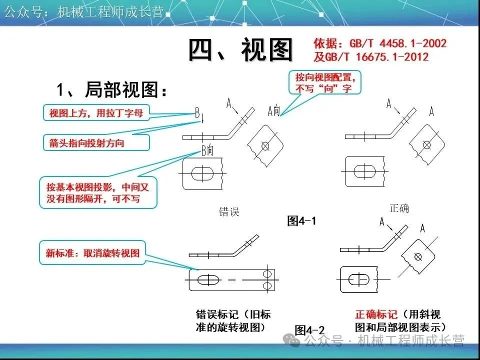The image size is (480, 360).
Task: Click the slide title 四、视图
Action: pos(240,50)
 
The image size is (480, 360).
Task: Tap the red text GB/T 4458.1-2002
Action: pos(379,44)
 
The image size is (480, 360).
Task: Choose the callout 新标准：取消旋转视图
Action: pos(92,253)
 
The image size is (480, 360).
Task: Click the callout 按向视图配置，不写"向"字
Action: pos(325,82)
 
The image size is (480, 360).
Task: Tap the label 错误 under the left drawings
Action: pos(229,211)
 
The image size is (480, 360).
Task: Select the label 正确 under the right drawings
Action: pos(399,208)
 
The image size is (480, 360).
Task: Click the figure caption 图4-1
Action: pos(302,220)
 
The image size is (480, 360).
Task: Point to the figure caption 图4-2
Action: pos(309,330)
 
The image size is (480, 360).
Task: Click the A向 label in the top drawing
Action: pos(273,111)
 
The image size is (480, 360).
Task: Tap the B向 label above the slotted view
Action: pos(207,149)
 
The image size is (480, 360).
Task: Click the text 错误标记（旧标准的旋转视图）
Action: pos(233,321)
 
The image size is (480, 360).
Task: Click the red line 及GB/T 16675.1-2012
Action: pos(371,56)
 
